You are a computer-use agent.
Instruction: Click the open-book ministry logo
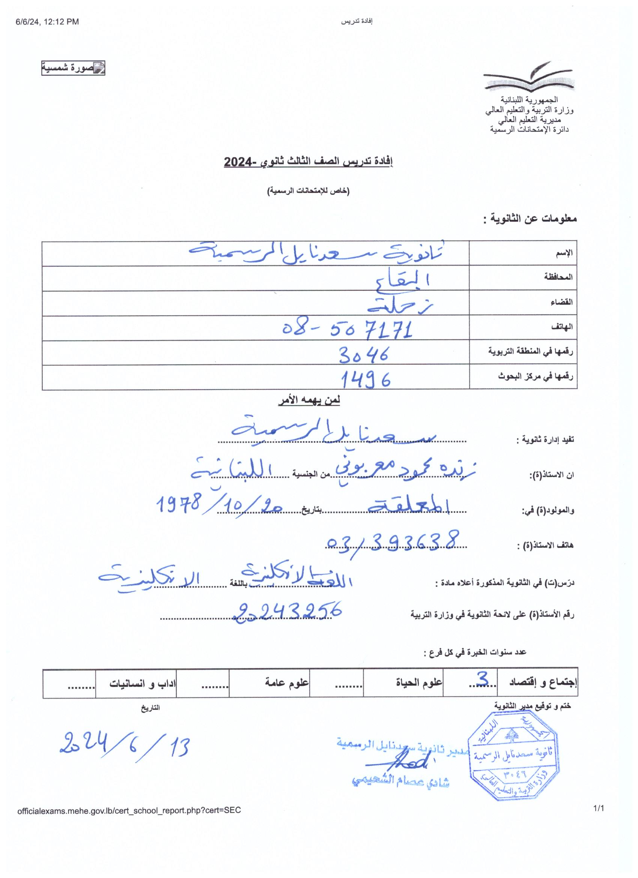[528, 77]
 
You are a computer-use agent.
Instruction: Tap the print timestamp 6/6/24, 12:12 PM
[47, 22]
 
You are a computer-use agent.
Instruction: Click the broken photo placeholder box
[73, 68]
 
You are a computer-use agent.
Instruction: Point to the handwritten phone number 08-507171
[347, 329]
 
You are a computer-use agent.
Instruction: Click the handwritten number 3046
[363, 354]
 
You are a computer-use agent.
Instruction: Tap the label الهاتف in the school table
[562, 327]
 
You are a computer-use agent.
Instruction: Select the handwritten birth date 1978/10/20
[220, 504]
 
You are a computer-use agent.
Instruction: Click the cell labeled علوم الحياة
[419, 682]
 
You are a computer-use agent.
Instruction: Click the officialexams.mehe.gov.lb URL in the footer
[129, 810]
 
